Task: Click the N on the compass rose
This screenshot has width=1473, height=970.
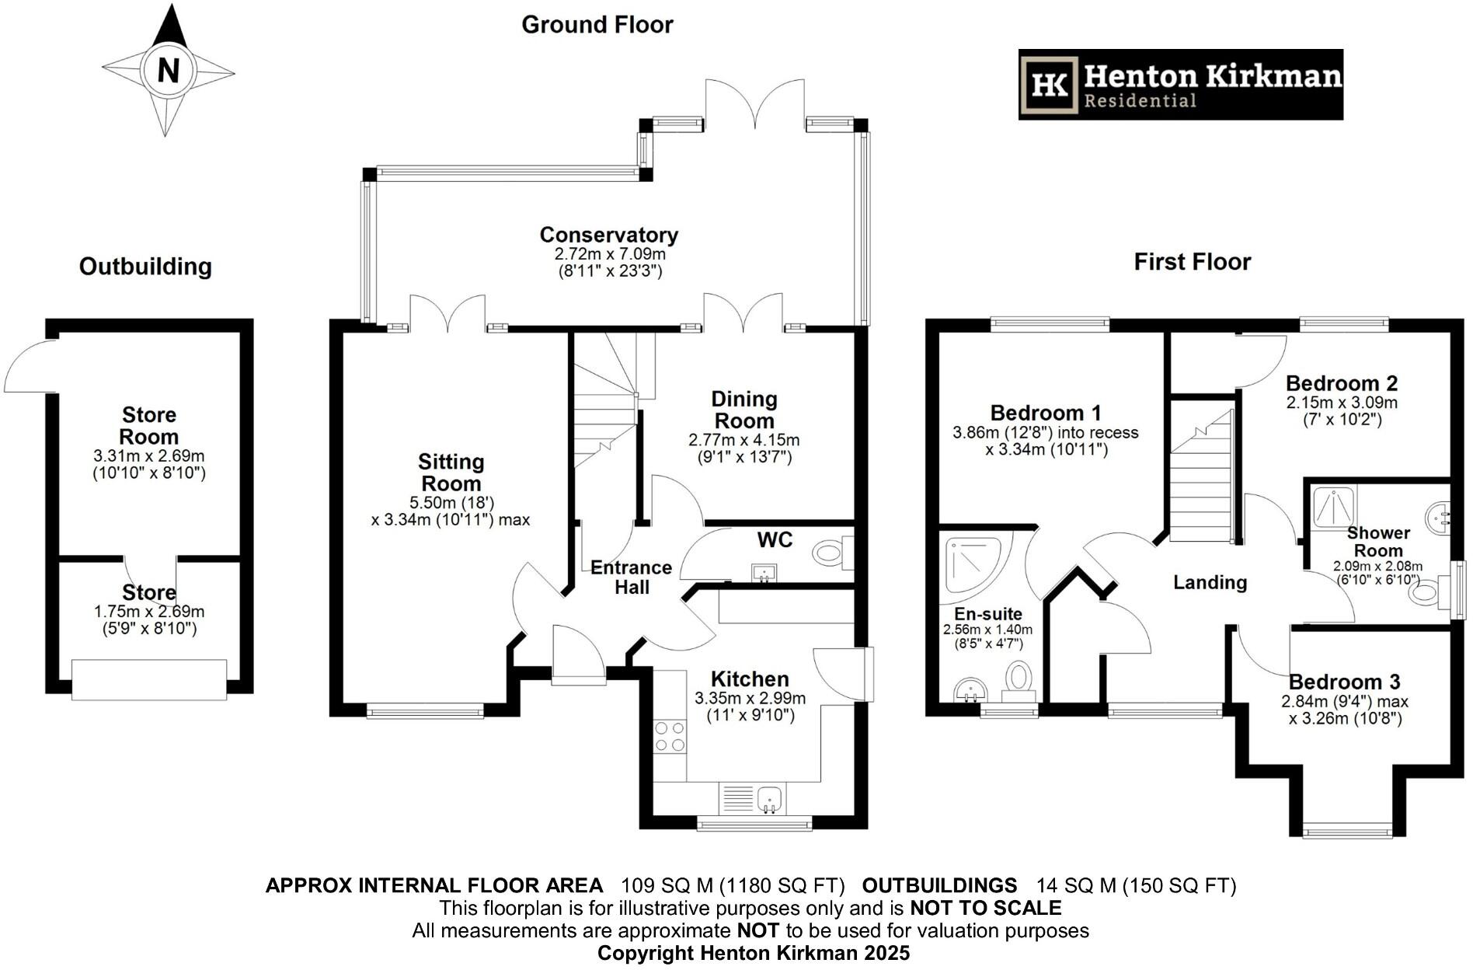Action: pyautogui.click(x=168, y=71)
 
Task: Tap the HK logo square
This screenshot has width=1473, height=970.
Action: pyautogui.click(x=1050, y=85)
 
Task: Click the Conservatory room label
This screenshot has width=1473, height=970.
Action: pyautogui.click(x=608, y=235)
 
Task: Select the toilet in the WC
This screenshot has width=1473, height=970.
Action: pyautogui.click(x=831, y=553)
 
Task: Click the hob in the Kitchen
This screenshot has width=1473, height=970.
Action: pyautogui.click(x=670, y=737)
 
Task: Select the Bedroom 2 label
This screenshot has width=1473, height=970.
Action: pyautogui.click(x=1341, y=383)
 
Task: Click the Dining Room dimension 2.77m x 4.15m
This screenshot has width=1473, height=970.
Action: pyautogui.click(x=743, y=440)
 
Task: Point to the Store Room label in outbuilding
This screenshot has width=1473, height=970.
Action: pyautogui.click(x=149, y=425)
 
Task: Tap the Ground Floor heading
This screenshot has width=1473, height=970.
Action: pyautogui.click(x=597, y=25)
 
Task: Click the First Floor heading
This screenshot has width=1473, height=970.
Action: pyautogui.click(x=1192, y=262)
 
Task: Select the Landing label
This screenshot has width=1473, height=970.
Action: pyautogui.click(x=1210, y=582)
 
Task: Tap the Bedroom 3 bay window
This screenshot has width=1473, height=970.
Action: pyautogui.click(x=1347, y=831)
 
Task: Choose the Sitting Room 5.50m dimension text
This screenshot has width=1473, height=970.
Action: pyautogui.click(x=451, y=502)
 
